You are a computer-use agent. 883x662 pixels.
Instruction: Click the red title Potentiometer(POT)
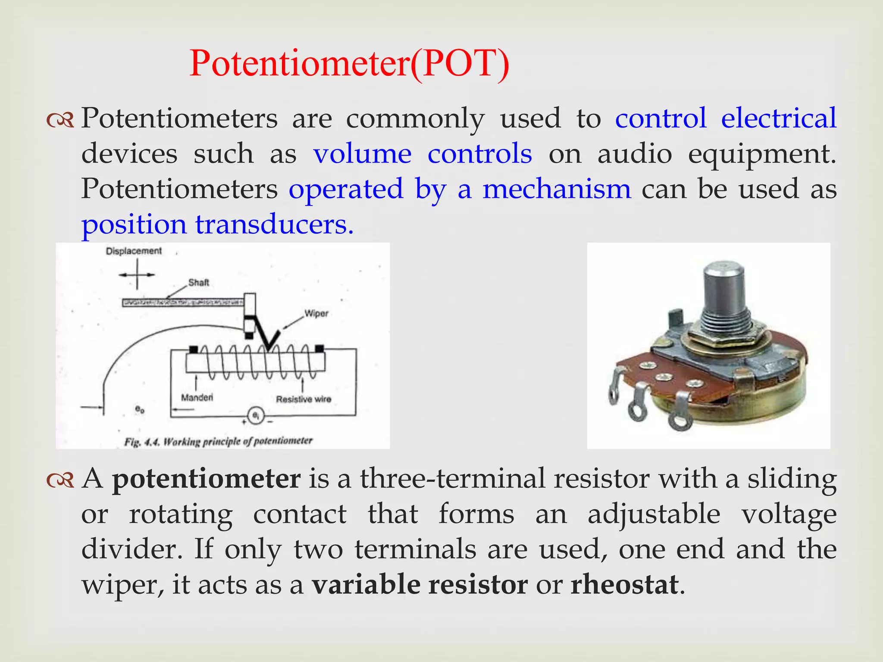click(x=349, y=64)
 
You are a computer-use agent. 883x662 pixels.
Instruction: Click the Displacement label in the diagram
click(x=134, y=251)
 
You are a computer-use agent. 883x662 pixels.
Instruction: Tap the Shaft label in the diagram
click(x=199, y=283)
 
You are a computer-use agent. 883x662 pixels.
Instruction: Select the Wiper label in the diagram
click(x=316, y=313)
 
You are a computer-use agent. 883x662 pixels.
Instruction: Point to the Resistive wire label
click(x=304, y=399)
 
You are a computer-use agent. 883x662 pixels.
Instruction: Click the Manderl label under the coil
click(x=197, y=397)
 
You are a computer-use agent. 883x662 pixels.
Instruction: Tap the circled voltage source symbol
click(x=256, y=416)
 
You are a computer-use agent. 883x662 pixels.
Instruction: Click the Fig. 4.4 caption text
click(x=218, y=441)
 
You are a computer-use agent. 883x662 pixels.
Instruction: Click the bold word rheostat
click(x=624, y=584)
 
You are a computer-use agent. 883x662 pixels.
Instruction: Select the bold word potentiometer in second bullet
click(x=206, y=479)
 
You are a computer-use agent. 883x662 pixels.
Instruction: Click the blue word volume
click(x=362, y=154)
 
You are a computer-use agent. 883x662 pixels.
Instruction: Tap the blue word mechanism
click(x=556, y=189)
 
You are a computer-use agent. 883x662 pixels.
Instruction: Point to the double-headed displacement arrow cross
click(x=137, y=275)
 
